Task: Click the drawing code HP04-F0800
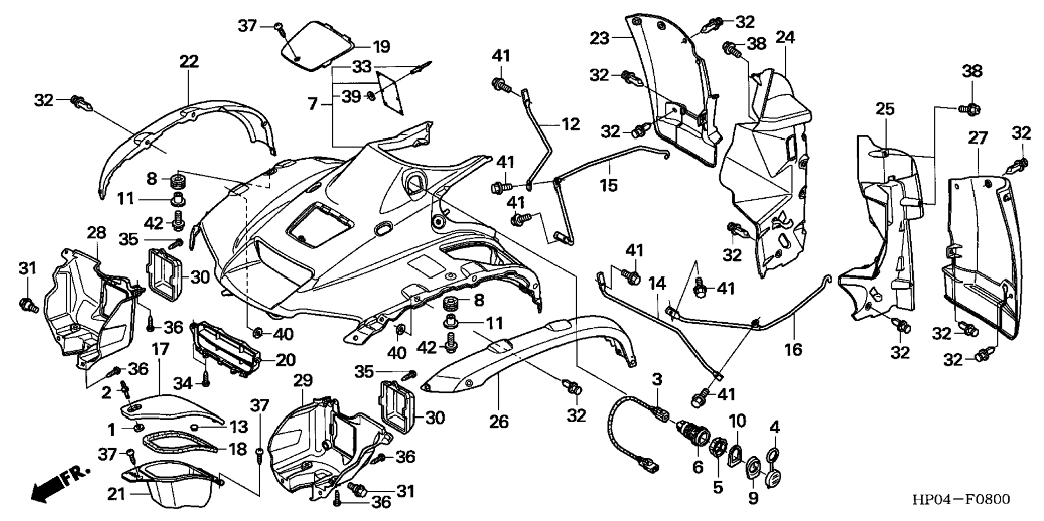click(x=960, y=499)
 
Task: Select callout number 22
click(x=189, y=62)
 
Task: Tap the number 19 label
click(x=381, y=46)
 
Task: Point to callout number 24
click(x=785, y=37)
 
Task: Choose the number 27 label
click(x=978, y=138)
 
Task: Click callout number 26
click(x=499, y=421)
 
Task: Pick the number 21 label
click(x=116, y=494)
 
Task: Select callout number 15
click(x=608, y=185)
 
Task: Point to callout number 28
click(x=97, y=233)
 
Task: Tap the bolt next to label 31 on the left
click(x=29, y=306)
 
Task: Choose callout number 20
click(x=286, y=360)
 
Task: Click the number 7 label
click(x=313, y=103)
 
